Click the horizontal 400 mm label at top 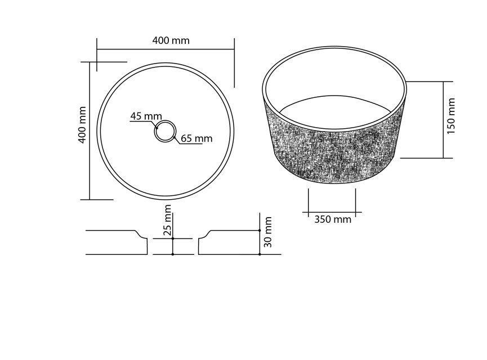[x=171, y=40]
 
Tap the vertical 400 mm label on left [x=82, y=125]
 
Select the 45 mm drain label [x=146, y=116]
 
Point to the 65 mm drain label [x=196, y=138]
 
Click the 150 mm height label [x=450, y=116]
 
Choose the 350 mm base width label [x=333, y=219]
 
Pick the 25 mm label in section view [x=167, y=220]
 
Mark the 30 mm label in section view [x=268, y=232]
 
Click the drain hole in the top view [x=166, y=131]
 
